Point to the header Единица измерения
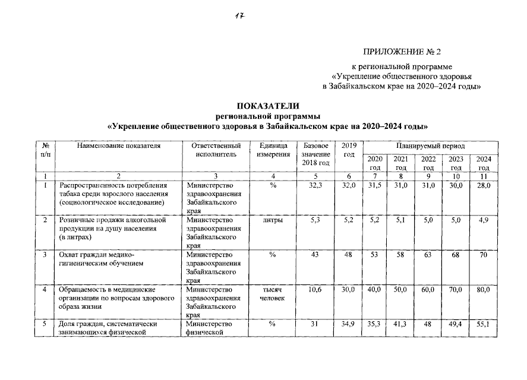pyautogui.click(x=273, y=150)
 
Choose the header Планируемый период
pyautogui.click(x=431, y=146)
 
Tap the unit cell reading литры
pyautogui.click(x=273, y=220)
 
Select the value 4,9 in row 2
pyautogui.click(x=485, y=220)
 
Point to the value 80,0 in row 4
pyautogui.click(x=484, y=289)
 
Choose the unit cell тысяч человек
pyautogui.click(x=273, y=293)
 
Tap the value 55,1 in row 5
pyautogui.click(x=484, y=324)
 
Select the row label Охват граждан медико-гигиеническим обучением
pyautogui.click(x=99, y=259)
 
